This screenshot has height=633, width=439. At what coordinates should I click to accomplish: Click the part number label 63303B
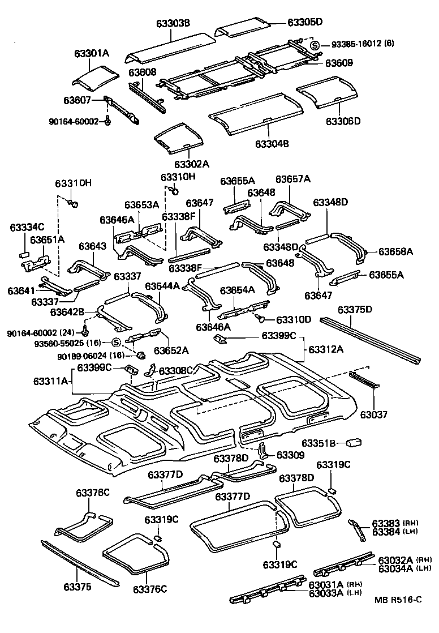pyautogui.click(x=173, y=23)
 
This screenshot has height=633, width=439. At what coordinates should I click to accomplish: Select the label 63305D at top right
pyautogui.click(x=305, y=22)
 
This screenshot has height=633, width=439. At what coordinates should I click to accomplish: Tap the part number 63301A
pyautogui.click(x=91, y=53)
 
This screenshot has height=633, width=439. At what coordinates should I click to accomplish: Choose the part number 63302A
pyautogui.click(x=192, y=164)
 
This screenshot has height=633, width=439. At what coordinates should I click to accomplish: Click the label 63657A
pyautogui.click(x=293, y=179)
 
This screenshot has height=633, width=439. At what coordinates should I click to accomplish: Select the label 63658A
pyautogui.click(x=395, y=251)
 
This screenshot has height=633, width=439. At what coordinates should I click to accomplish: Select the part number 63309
pyautogui.click(x=291, y=455)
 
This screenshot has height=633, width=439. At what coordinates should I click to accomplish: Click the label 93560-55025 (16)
pyautogui.click(x=78, y=343)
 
